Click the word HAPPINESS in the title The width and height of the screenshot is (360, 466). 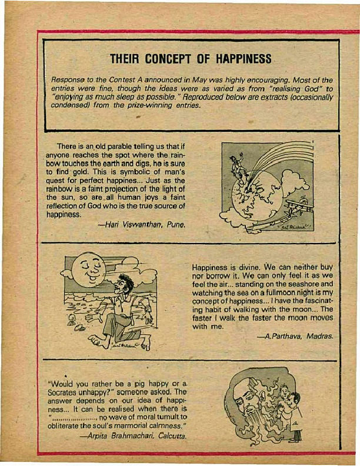(241, 59)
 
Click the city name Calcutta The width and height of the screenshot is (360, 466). (171, 436)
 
